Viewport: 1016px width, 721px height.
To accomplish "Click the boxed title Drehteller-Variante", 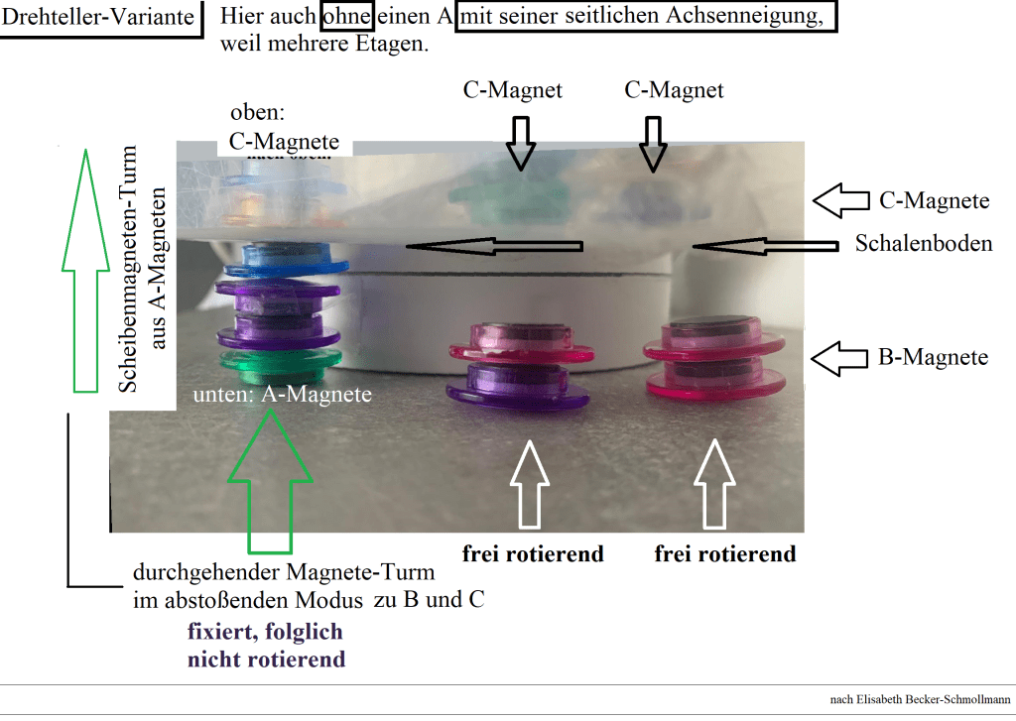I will coord(99,18).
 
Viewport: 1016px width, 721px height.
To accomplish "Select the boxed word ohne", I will coord(346,18).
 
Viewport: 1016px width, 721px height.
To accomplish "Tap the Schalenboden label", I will coord(923,243).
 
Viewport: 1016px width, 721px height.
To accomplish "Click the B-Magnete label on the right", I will coord(933,357).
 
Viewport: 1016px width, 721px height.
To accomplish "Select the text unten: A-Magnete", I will coord(283,395).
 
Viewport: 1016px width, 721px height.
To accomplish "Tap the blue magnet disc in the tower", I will coord(288,263).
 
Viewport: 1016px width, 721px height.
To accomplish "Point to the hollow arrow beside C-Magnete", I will coord(840,200).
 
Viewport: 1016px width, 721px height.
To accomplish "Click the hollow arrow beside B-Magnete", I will coord(840,357).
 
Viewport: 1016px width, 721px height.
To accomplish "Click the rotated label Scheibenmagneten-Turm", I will coord(129,268).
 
